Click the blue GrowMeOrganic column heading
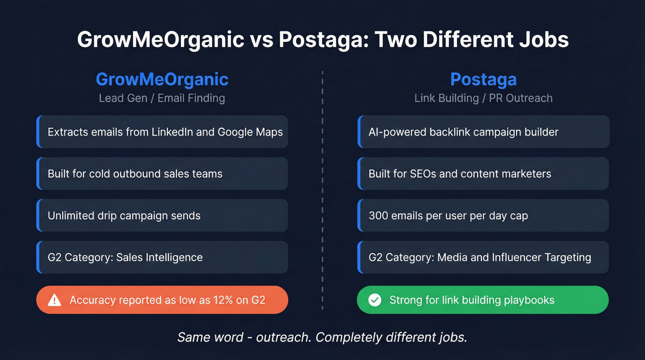click(162, 79)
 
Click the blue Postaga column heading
click(483, 79)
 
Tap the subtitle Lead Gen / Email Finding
click(162, 98)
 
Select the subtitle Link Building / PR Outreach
click(483, 98)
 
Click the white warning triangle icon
click(54, 300)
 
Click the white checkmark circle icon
click(375, 300)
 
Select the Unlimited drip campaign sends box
click(162, 215)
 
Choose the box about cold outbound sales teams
click(162, 174)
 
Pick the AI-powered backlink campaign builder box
click(483, 132)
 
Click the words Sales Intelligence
click(159, 257)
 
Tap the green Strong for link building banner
click(483, 300)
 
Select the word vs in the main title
click(261, 40)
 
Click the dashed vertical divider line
click(322, 194)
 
